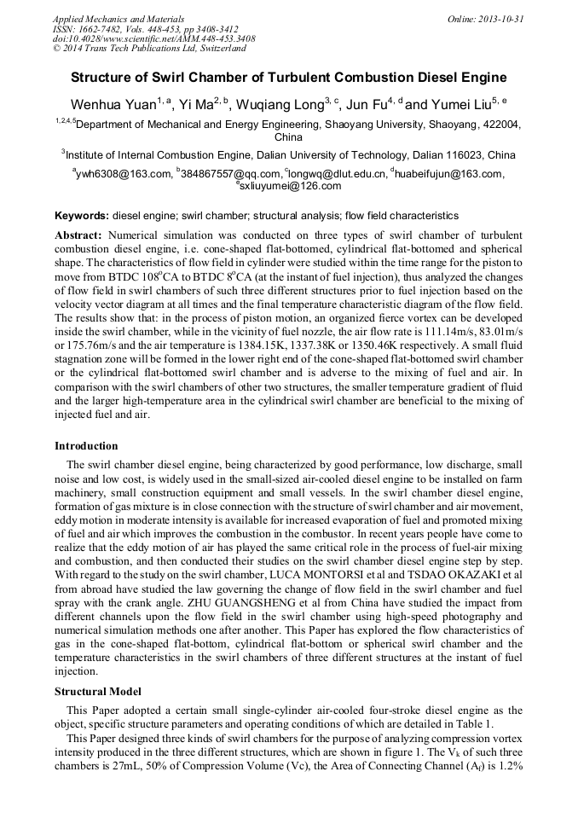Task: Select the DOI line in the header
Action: click(x=153, y=39)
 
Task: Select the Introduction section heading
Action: click(x=86, y=446)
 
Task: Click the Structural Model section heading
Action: click(x=98, y=692)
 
